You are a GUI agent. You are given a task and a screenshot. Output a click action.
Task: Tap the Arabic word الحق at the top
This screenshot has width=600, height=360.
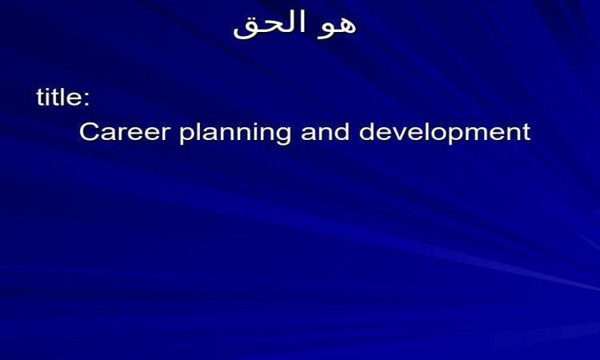point(270,24)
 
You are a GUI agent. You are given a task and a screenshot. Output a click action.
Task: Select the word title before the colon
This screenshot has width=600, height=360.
point(58,97)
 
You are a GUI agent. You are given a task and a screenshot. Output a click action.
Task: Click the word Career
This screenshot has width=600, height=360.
point(125,132)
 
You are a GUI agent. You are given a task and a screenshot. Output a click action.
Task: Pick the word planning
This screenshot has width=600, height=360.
point(235,133)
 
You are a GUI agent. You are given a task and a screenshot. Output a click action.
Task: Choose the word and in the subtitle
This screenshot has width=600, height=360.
point(326,131)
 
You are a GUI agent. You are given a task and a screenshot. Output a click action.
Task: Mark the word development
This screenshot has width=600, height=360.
point(445,133)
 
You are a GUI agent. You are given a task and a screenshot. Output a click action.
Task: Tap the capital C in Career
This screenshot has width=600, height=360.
point(89,132)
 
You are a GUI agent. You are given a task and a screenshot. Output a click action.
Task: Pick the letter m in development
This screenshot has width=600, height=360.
point(486,134)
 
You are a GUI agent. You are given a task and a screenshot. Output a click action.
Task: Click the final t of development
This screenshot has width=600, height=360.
point(527,132)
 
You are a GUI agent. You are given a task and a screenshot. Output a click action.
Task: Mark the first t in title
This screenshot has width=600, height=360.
point(41,98)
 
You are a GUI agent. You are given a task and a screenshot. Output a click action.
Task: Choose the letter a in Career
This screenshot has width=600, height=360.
point(107,134)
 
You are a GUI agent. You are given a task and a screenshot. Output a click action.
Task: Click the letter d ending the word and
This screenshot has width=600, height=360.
point(342,131)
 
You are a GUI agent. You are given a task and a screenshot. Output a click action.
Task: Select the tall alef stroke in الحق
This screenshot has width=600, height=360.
point(303,22)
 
